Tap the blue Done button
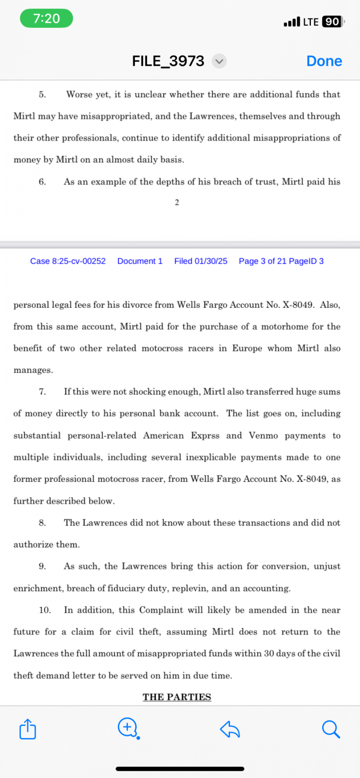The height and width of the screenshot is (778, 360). tap(324, 61)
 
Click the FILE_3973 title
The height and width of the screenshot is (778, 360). tap(168, 61)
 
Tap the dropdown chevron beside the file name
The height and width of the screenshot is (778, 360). tap(219, 61)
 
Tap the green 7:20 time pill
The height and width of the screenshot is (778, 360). tap(46, 19)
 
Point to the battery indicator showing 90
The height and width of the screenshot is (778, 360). tap(332, 22)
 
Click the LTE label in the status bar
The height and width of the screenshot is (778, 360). tap(310, 22)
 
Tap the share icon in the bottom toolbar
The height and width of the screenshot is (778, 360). tap(28, 729)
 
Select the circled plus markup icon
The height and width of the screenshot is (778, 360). tap(128, 728)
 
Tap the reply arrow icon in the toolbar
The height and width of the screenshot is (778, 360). tap(230, 729)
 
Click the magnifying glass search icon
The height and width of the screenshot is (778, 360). tap(331, 729)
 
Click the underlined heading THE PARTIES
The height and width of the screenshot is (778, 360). tap(177, 697)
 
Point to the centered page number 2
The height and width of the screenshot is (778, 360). tap(177, 203)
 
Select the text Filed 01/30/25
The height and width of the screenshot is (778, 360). tap(200, 261)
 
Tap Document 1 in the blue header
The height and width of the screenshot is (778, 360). tap(140, 261)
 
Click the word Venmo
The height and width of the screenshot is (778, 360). tap(263, 435)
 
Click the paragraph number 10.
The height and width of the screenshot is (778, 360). tap(45, 610)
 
